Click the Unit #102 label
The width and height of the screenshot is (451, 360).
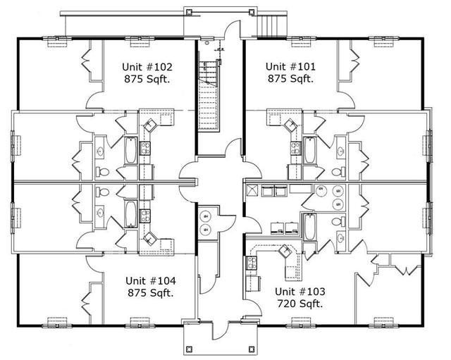(x=147, y=67)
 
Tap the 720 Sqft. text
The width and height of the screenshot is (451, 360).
(x=299, y=304)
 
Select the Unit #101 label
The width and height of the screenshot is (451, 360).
(x=290, y=67)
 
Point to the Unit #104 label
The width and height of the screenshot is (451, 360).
(x=151, y=280)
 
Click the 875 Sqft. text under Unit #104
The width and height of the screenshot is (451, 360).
(x=151, y=293)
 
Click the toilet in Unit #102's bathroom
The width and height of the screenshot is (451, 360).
(x=102, y=172)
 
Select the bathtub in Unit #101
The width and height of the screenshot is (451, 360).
(x=309, y=150)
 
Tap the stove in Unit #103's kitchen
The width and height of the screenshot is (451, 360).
(x=251, y=263)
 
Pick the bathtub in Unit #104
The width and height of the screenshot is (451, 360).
(x=130, y=214)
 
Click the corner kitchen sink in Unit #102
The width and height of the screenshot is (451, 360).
(x=149, y=125)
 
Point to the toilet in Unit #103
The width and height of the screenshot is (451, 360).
(x=338, y=222)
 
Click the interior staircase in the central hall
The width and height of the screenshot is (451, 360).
(x=208, y=96)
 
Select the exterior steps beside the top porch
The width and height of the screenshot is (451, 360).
(x=272, y=25)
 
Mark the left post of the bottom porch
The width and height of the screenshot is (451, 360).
(x=189, y=349)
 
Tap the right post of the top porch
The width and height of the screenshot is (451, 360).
(x=252, y=12)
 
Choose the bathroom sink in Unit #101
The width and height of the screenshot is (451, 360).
(x=340, y=150)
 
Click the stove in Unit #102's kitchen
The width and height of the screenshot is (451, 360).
(x=144, y=149)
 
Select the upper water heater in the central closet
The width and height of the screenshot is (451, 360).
(x=206, y=216)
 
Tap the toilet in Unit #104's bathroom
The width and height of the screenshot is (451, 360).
(x=102, y=192)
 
